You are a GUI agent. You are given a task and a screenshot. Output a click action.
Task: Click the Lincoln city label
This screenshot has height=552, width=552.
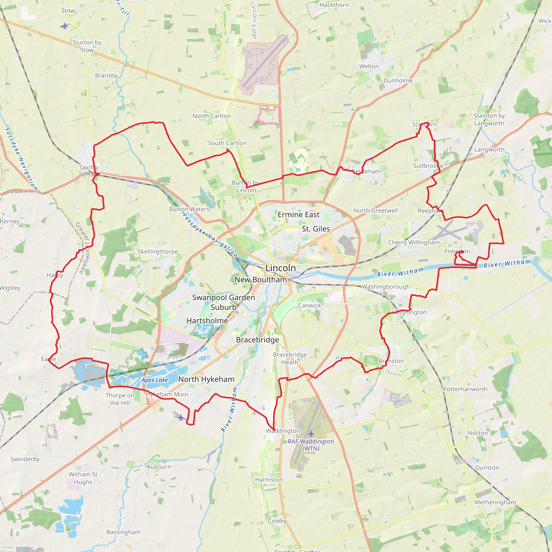pos(281,268)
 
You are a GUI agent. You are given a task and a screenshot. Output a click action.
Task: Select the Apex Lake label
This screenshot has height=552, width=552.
pos(154,380)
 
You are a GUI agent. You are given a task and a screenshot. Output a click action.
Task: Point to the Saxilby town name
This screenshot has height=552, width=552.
pos(89,167)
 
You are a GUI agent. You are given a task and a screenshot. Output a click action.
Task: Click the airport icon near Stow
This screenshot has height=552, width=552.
pos(65,26)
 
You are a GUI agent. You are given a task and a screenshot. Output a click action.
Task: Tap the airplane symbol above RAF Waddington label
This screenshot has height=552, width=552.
pos(311,434)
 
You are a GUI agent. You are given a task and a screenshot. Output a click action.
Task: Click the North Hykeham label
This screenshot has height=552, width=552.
pos(206,379)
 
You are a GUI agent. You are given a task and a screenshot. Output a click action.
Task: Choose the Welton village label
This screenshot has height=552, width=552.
pos(369,66)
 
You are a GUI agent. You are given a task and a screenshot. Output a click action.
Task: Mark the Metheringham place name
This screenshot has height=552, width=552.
pos(495,502)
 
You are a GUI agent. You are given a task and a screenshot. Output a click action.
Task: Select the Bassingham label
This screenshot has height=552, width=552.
pos(123,532)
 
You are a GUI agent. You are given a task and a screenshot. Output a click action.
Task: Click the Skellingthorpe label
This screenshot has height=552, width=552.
pos(158,251)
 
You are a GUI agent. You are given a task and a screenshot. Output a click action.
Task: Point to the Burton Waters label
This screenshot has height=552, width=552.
pos(189,209)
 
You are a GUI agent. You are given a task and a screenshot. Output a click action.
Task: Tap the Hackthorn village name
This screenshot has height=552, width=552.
pos(334,5)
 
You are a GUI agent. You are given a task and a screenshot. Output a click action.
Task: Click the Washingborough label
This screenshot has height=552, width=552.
pos(386,287)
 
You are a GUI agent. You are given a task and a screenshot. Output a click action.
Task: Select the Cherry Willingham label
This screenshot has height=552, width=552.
pos(414,242)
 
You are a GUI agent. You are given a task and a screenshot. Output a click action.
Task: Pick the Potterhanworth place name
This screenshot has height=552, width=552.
pos(465,389)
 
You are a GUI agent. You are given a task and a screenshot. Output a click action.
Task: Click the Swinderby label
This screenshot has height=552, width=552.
pos(25,459)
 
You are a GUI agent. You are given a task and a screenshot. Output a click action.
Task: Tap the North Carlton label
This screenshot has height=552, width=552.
pos(211,116)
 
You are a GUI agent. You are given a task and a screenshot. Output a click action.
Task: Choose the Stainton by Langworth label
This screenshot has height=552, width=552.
pos(489,119)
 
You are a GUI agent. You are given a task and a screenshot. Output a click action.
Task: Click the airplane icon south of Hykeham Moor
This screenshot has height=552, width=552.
pos(181,418)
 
